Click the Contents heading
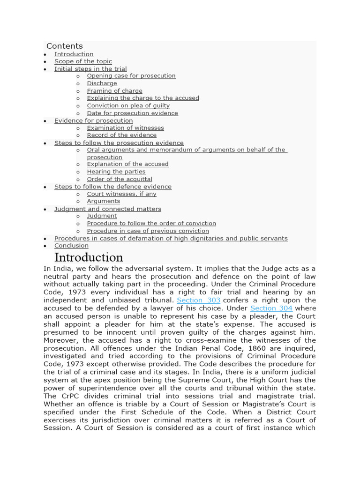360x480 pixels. click(64, 46)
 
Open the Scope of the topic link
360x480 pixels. click(83, 61)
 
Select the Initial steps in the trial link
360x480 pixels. click(90, 69)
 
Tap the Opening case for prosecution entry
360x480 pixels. click(131, 76)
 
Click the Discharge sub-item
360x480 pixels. click(102, 83)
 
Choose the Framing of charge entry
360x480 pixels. click(114, 91)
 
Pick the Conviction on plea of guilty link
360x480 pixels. click(128, 105)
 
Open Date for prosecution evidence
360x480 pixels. click(132, 113)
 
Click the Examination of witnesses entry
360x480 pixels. click(125, 128)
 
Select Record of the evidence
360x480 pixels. click(121, 135)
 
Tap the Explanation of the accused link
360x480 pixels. click(127, 164)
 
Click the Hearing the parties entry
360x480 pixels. click(116, 172)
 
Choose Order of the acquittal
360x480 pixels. click(119, 179)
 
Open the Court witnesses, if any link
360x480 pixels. click(121, 194)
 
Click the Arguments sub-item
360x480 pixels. click(103, 201)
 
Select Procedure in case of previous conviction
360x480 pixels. click(148, 231)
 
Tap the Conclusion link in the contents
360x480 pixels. click(71, 246)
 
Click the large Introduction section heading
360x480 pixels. click(89, 257)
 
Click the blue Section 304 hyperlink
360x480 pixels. click(271, 308)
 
